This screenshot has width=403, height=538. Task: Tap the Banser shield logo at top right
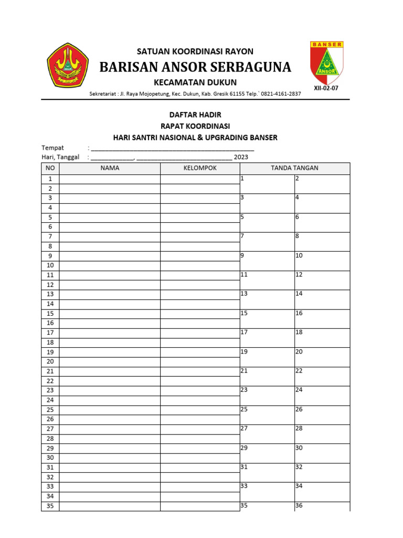tap(326, 63)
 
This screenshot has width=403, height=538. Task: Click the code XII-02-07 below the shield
tap(326, 88)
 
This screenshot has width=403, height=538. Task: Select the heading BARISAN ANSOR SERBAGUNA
tap(195, 67)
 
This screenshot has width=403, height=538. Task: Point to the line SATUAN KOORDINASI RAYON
tap(195, 51)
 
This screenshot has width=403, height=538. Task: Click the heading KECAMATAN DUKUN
tap(195, 82)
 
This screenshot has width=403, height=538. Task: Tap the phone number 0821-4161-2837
tap(282, 94)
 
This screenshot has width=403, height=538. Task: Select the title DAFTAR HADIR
tap(195, 115)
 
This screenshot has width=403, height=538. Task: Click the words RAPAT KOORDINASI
tap(195, 126)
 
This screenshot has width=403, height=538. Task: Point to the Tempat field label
tap(52, 148)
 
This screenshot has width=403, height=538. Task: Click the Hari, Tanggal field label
tap(60, 157)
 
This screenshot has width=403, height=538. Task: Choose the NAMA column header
tap(110, 168)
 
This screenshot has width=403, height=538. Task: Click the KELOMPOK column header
tap(200, 168)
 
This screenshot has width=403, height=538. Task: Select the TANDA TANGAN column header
tap(294, 168)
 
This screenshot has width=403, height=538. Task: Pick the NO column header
tap(50, 168)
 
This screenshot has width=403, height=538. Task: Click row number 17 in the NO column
tap(50, 333)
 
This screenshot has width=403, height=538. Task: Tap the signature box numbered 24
tap(322, 396)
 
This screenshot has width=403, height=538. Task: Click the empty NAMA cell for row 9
tap(110, 256)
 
